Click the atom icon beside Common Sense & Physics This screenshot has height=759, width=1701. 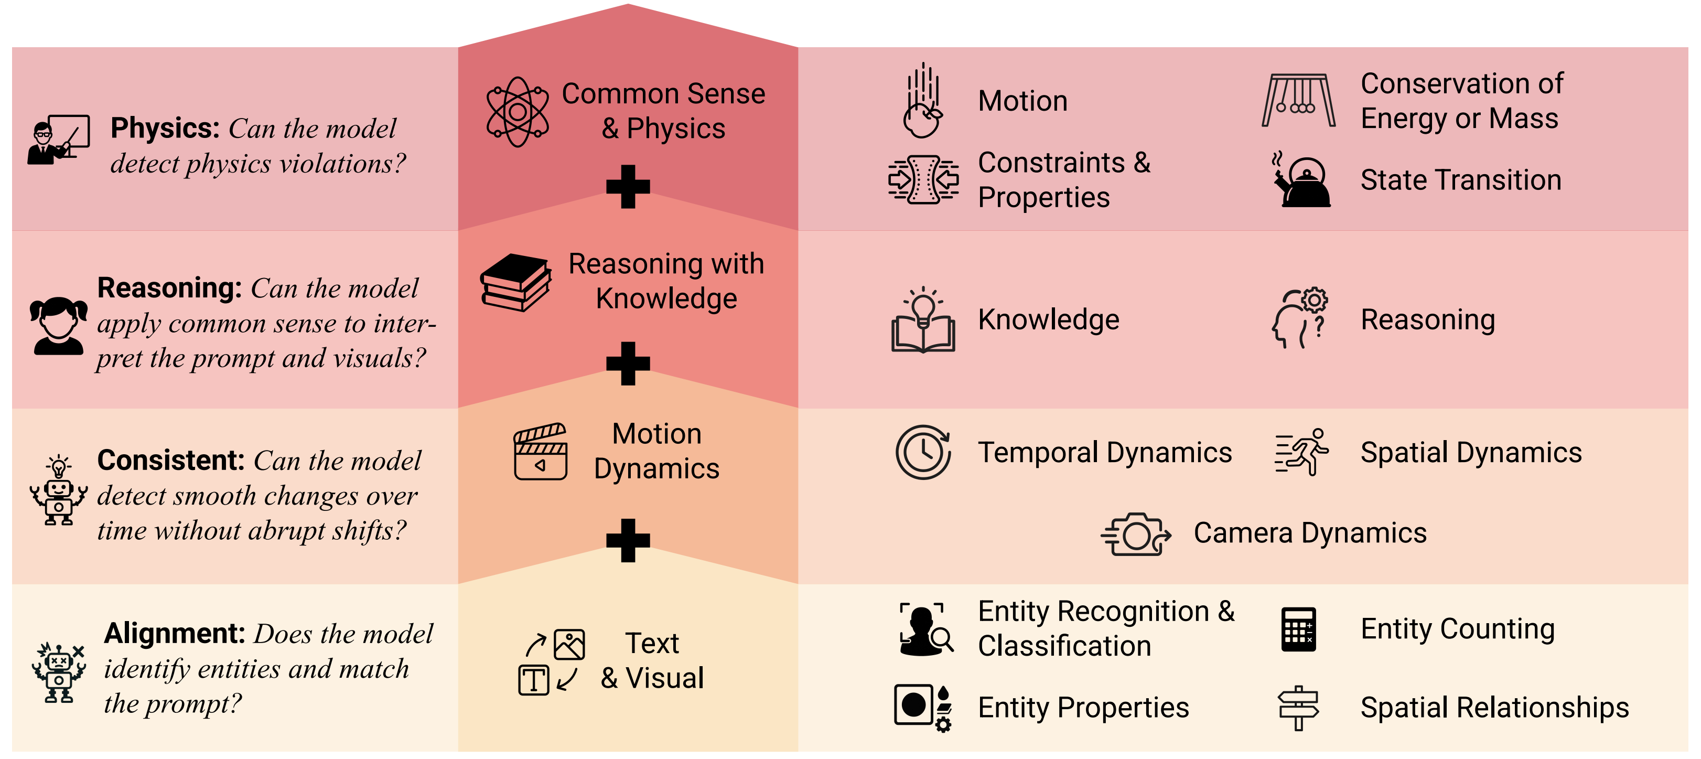(x=518, y=112)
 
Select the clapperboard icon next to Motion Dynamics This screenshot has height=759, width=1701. (x=540, y=451)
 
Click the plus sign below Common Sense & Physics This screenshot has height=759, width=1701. (x=628, y=186)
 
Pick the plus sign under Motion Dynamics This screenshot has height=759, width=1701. (x=628, y=540)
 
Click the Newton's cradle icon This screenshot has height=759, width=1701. (x=1298, y=100)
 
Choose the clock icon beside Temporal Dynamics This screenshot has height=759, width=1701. (x=923, y=452)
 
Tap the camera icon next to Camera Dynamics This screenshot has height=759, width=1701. (x=1136, y=534)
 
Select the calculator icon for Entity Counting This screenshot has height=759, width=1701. (x=1298, y=629)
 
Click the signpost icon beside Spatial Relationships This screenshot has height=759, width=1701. (x=1298, y=708)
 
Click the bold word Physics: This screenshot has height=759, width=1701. (x=165, y=128)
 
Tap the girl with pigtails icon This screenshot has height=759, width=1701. (x=59, y=325)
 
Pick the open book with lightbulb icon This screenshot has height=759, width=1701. (x=923, y=320)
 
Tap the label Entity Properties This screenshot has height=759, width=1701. (x=1083, y=708)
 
